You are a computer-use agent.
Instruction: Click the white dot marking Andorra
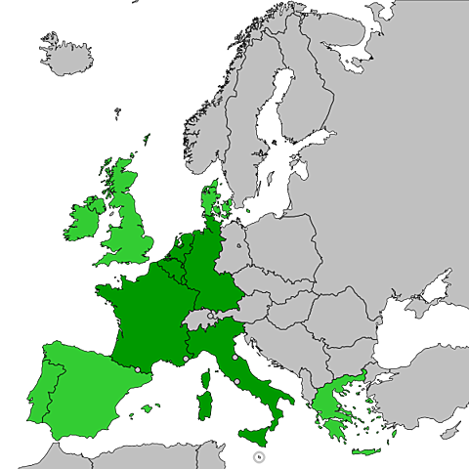138,368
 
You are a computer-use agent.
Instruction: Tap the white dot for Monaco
186,360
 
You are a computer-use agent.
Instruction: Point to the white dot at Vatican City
236,381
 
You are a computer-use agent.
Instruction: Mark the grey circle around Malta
257,453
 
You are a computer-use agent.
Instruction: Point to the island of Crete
366,451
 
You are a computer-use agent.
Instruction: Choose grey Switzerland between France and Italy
199,321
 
